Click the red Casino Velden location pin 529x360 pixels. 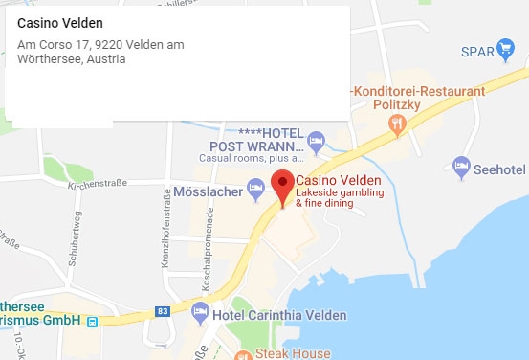(x=282, y=185)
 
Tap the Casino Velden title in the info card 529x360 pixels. (x=60, y=23)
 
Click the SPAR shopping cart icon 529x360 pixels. (x=507, y=51)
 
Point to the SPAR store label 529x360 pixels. (x=477, y=52)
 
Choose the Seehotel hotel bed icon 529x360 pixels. (x=462, y=167)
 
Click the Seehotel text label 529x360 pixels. (x=499, y=168)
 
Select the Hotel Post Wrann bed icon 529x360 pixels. (x=316, y=143)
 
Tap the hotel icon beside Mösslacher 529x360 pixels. (x=254, y=190)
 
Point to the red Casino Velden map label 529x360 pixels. (x=339, y=181)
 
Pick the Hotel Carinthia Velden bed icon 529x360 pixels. (x=200, y=311)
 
